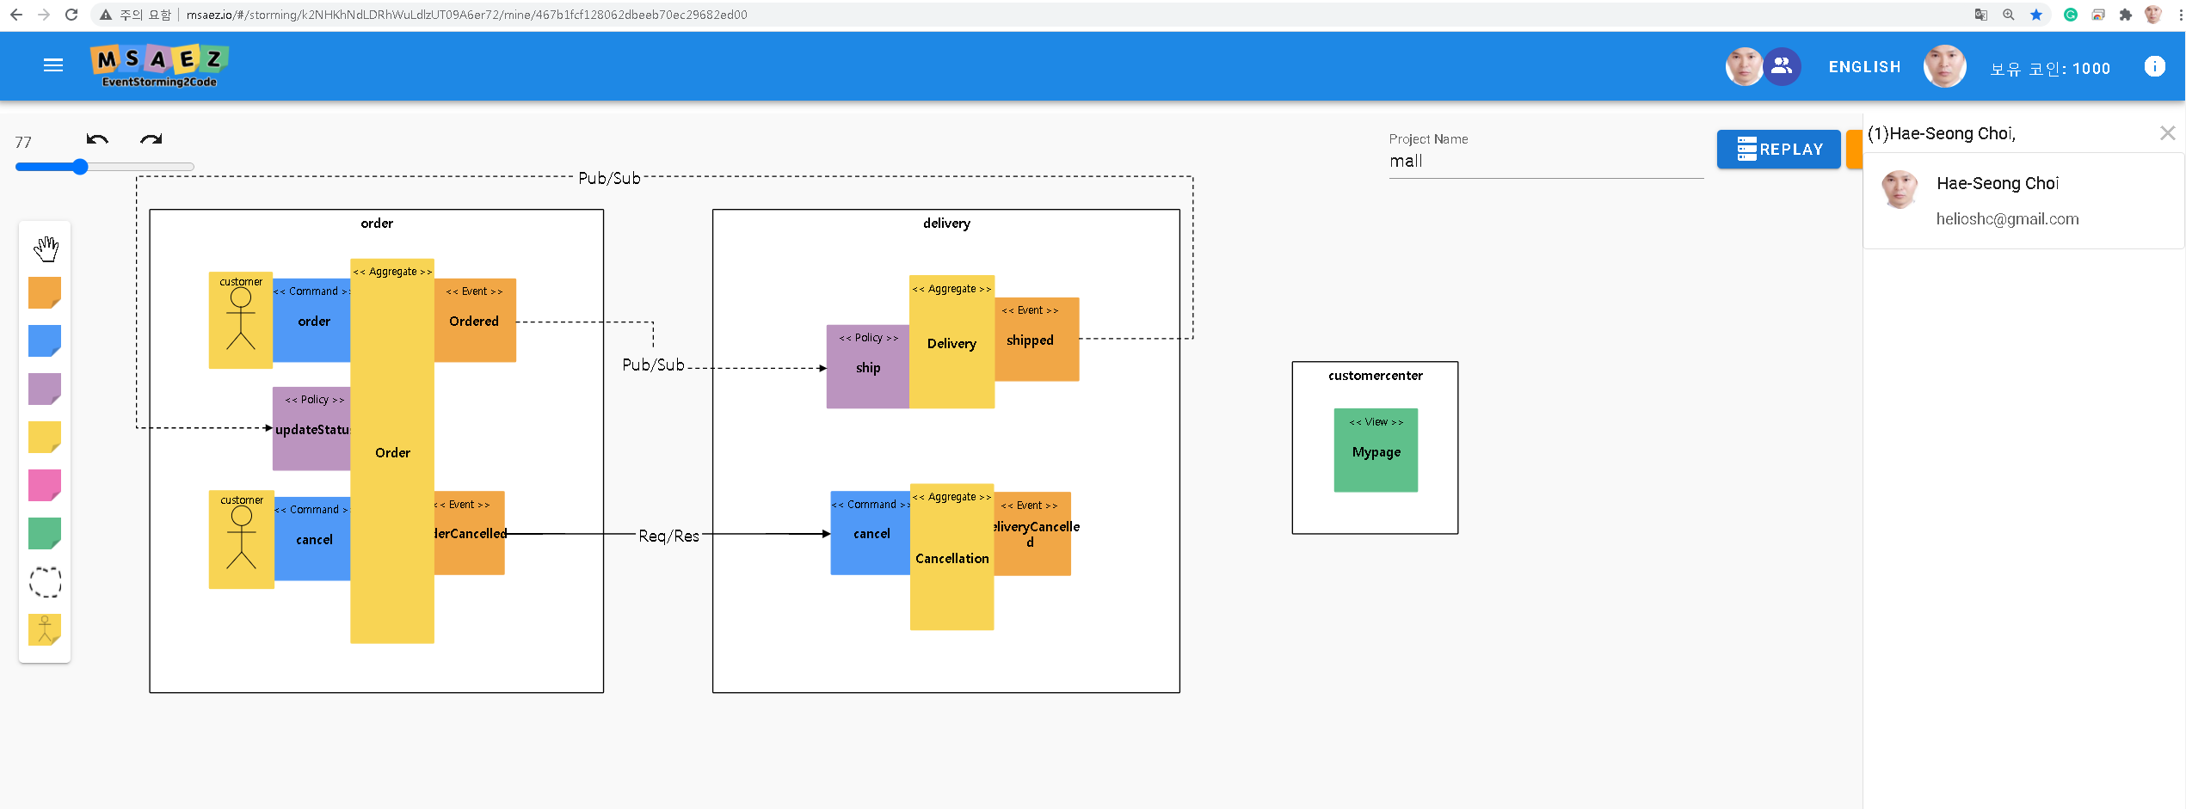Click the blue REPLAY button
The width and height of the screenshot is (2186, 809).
[1778, 150]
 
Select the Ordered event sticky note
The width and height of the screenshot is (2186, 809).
[475, 321]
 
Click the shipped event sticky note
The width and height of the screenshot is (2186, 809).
[1036, 340]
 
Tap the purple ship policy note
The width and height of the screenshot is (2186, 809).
[867, 367]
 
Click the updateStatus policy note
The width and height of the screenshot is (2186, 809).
[311, 429]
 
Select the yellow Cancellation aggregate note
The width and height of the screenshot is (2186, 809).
[951, 559]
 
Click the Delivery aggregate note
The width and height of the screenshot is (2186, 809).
[951, 343]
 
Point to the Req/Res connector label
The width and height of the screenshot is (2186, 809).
[668, 536]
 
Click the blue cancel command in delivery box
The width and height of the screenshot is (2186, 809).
[871, 533]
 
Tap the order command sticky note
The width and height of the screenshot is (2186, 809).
[312, 321]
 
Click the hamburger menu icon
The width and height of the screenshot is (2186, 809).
[53, 65]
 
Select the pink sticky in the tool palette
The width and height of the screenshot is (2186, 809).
[45, 485]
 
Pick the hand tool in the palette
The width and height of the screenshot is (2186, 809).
[46, 249]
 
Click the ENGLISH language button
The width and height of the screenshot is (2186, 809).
[1864, 67]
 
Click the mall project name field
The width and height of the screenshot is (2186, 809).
[1544, 162]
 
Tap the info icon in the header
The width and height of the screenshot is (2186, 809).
[2154, 67]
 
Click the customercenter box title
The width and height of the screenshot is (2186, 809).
[1375, 376]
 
